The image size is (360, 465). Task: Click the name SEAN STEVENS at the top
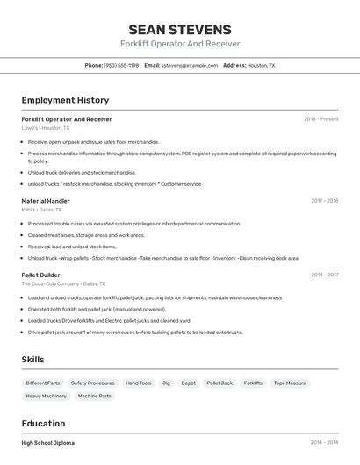(x=180, y=29)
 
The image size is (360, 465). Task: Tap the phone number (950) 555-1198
(x=121, y=65)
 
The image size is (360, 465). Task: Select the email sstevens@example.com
(x=190, y=65)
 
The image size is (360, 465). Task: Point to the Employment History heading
(x=65, y=100)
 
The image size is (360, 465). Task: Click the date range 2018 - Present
(x=320, y=118)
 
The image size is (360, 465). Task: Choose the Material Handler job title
(x=46, y=201)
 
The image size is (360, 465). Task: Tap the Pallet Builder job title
(x=41, y=275)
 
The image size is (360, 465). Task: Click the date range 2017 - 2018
(x=324, y=201)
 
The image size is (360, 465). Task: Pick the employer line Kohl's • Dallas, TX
(x=41, y=210)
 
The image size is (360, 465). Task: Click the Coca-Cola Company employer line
(x=63, y=283)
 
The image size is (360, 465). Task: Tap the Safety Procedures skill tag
(x=92, y=383)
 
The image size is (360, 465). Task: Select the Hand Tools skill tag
(x=138, y=383)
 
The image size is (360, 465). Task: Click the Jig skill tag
(x=166, y=383)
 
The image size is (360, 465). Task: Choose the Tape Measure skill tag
(x=290, y=383)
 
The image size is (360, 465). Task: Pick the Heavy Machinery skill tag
(x=46, y=397)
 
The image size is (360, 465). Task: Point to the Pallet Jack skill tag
(x=220, y=383)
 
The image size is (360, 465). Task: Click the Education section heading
(x=43, y=423)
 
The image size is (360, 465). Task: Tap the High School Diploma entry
(x=47, y=443)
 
